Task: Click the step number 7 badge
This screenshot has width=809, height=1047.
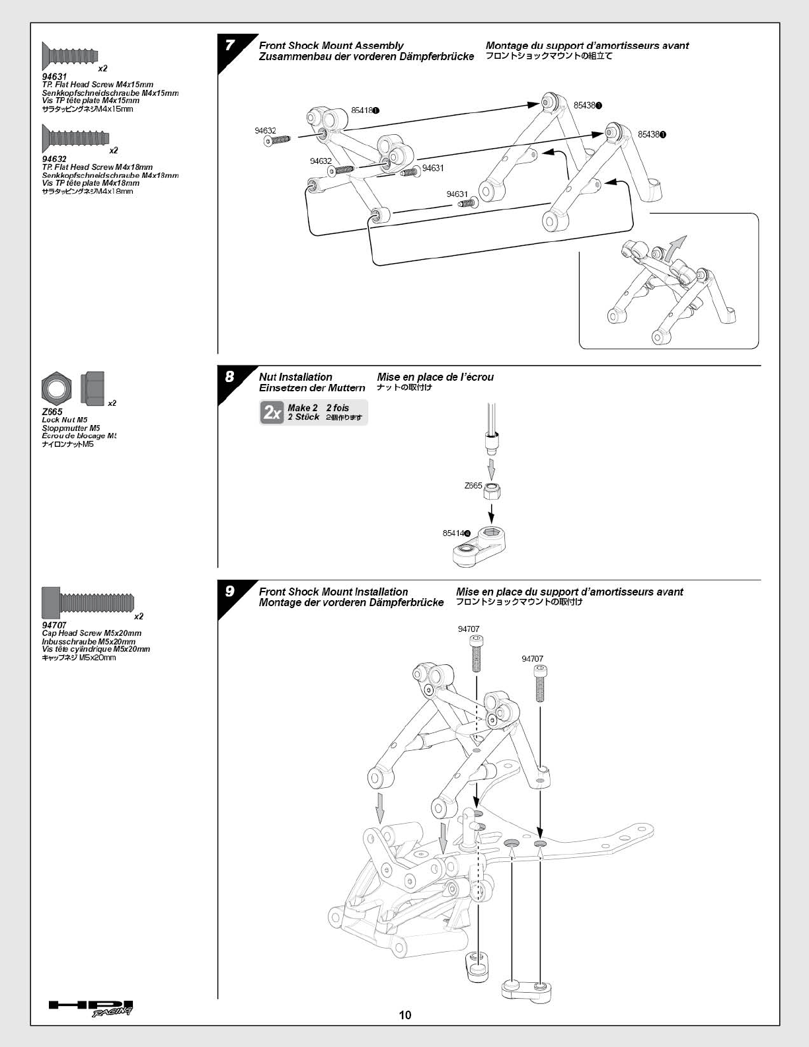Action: tap(229, 46)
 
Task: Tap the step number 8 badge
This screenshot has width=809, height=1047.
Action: tap(229, 377)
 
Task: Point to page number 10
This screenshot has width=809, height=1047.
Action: tap(405, 1015)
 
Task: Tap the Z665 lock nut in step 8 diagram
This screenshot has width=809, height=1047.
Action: tap(491, 492)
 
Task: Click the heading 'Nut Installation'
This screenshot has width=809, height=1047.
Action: tap(295, 377)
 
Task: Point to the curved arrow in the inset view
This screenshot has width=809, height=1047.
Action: tap(675, 249)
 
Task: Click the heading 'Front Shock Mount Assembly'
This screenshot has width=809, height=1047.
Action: tap(331, 46)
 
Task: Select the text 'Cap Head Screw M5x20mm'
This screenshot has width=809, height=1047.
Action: tap(91, 633)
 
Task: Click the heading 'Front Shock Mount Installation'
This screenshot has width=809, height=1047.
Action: tap(333, 592)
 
